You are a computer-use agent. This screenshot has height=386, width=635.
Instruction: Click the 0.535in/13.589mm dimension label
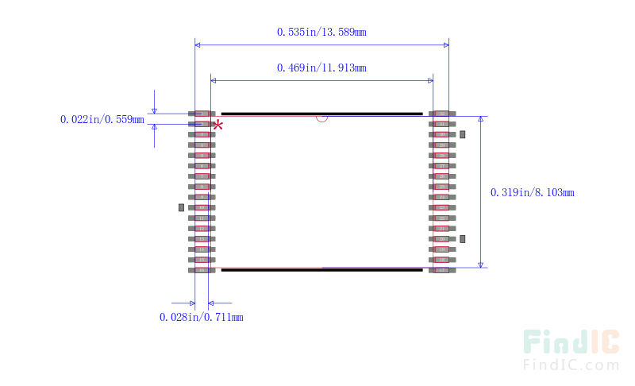(321, 32)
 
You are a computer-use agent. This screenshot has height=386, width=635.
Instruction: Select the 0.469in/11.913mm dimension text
(321, 68)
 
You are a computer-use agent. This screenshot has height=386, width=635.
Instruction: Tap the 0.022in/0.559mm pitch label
(102, 120)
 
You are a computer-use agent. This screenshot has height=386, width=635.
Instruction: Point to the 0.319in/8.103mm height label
(532, 192)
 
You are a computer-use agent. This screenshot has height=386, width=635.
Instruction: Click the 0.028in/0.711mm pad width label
(201, 317)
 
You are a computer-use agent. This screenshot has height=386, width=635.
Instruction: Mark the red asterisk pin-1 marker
(217, 125)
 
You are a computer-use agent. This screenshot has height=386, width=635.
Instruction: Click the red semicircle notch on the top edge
(321, 119)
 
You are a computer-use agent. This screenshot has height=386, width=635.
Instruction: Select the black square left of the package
(181, 207)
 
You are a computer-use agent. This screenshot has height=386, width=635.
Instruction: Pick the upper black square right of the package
(463, 134)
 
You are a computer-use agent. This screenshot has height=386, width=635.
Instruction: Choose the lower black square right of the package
(463, 238)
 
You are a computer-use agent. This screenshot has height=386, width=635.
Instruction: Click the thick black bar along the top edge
(321, 114)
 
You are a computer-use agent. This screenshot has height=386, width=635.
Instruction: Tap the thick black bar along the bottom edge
(321, 269)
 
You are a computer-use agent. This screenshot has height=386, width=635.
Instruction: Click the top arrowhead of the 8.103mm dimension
(480, 120)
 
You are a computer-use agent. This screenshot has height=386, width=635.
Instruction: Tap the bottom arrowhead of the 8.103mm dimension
(480, 264)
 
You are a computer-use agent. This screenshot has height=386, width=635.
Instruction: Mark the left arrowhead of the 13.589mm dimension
(199, 44)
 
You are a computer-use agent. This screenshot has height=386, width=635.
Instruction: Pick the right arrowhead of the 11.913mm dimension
(430, 79)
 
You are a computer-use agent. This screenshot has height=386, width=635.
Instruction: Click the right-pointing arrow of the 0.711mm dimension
(191, 303)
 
